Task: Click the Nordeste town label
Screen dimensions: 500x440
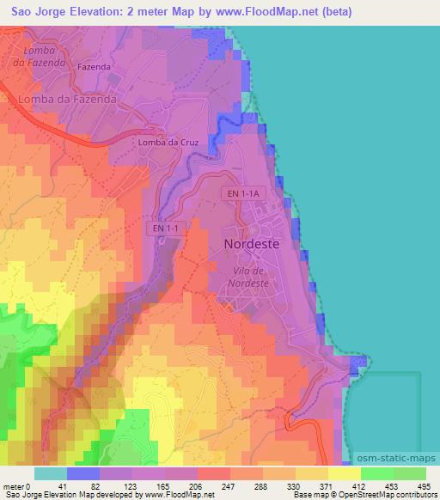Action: tap(251, 244)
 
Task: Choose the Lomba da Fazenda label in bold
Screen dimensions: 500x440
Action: tap(66, 100)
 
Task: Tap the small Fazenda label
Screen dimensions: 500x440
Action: tap(95, 65)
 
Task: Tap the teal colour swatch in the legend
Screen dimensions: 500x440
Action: tap(50, 473)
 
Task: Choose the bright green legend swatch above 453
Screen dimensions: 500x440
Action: tap(376, 473)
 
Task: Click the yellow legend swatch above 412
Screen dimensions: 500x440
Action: tap(344, 473)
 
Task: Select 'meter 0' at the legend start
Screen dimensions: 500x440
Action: tap(18, 486)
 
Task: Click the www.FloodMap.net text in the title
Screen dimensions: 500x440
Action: tap(250, 11)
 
